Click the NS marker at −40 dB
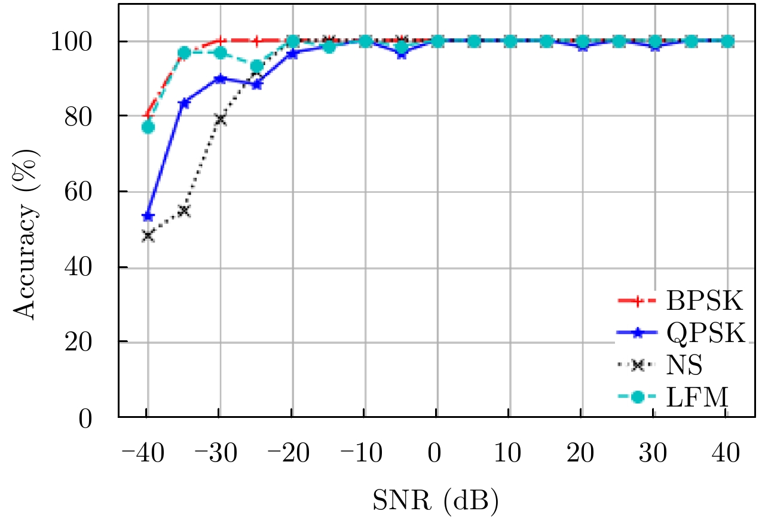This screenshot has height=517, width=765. tap(148, 236)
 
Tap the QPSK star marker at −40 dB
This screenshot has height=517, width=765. tap(148, 216)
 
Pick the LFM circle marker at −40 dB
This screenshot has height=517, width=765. tap(148, 127)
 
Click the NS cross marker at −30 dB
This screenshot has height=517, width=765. tap(221, 119)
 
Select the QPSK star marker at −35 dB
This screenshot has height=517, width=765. tap(184, 103)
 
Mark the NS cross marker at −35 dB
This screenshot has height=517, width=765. tap(184, 211)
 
